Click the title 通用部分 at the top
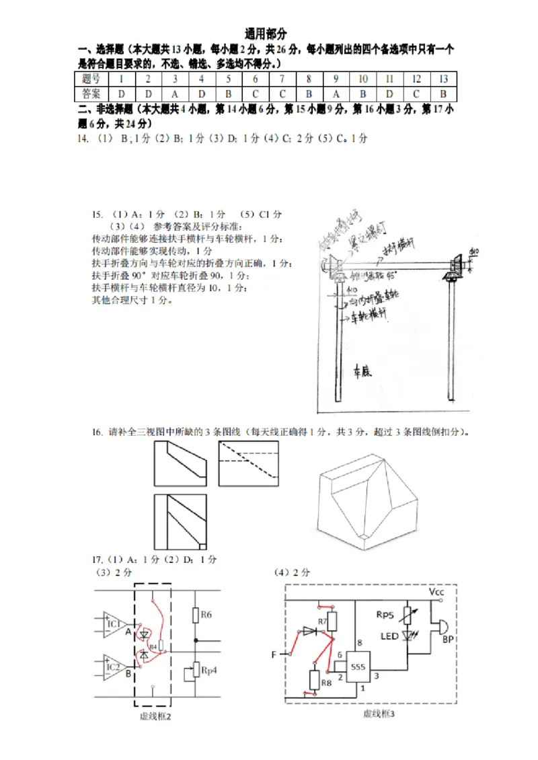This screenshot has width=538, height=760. click(266, 34)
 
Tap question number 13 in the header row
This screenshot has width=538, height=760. click(443, 79)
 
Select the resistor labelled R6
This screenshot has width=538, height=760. click(196, 614)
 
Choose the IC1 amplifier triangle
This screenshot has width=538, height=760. click(115, 625)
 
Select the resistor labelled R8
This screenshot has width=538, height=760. click(313, 681)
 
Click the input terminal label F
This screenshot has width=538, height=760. click(274, 654)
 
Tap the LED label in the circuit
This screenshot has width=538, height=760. click(389, 636)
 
